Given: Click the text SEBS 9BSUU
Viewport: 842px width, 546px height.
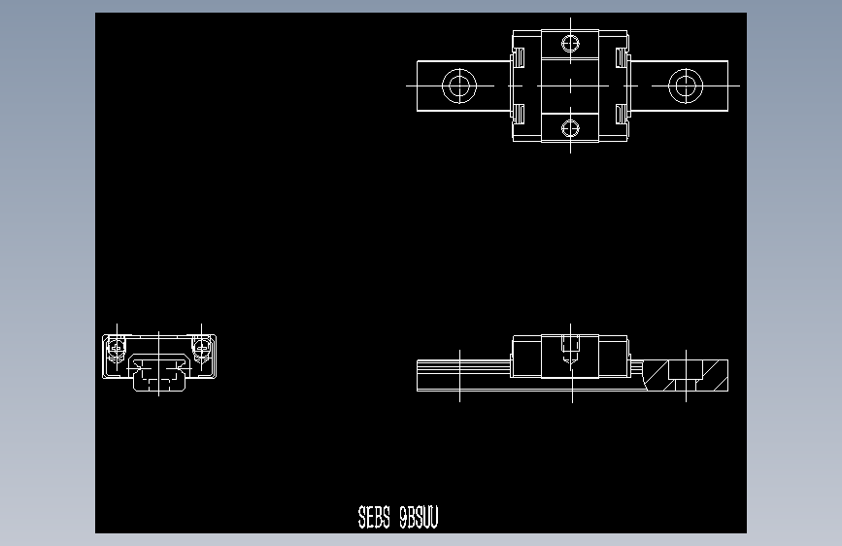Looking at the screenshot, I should pyautogui.click(x=398, y=518).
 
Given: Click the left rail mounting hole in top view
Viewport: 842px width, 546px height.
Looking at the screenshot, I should pyautogui.click(x=458, y=85).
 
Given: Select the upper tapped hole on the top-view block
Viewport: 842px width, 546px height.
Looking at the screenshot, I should pyautogui.click(x=571, y=44).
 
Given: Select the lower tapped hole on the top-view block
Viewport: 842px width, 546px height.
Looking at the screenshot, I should pyautogui.click(x=571, y=126).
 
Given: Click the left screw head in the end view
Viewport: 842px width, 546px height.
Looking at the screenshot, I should pyautogui.click(x=117, y=345).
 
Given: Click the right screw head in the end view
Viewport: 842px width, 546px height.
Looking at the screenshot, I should pyautogui.click(x=201, y=345).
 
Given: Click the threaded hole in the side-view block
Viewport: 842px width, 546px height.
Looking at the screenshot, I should pyautogui.click(x=571, y=346).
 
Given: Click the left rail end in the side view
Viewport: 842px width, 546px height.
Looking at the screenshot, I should pyautogui.click(x=421, y=375).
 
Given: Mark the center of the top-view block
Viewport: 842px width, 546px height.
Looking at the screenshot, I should pyautogui.click(x=571, y=85).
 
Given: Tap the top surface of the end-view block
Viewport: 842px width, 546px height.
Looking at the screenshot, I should pyautogui.click(x=159, y=336).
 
